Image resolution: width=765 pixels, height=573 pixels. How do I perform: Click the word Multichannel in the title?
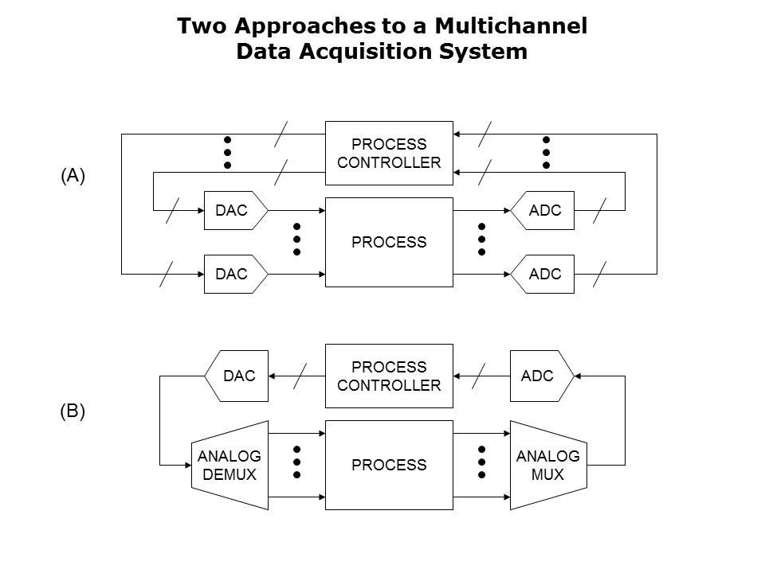click(x=510, y=25)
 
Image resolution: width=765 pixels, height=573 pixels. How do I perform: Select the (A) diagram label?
click(x=73, y=177)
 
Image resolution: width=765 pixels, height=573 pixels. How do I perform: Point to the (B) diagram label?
click(x=73, y=411)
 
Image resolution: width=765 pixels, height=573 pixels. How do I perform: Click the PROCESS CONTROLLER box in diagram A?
click(x=389, y=154)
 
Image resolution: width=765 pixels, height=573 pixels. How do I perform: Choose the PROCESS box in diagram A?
click(x=389, y=242)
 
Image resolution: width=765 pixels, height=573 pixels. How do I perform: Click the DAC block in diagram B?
click(x=237, y=376)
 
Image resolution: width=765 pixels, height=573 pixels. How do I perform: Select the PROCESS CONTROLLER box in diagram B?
click(x=389, y=376)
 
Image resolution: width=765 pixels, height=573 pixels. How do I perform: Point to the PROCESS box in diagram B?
click(x=389, y=465)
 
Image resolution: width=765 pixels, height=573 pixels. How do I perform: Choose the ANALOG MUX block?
click(x=547, y=465)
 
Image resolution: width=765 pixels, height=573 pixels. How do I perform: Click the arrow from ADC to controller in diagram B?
click(x=481, y=376)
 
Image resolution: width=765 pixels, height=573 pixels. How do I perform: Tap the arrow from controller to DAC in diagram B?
click(x=296, y=376)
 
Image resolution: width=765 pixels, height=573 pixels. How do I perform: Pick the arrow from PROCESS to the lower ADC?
click(x=481, y=274)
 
